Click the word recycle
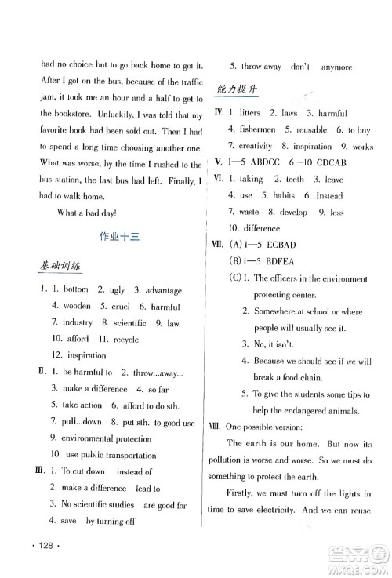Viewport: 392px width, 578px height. click(125, 340)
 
